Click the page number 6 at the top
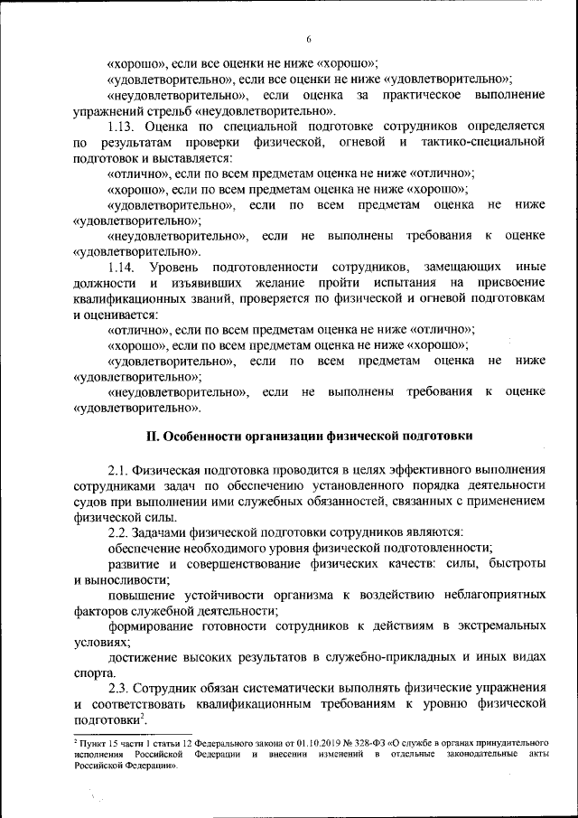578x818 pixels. (x=308, y=39)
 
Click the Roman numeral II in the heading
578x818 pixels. (x=154, y=436)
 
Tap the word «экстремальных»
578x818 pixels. (x=497, y=625)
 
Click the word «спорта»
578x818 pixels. (x=92, y=672)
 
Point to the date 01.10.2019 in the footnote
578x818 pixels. (x=297, y=741)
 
